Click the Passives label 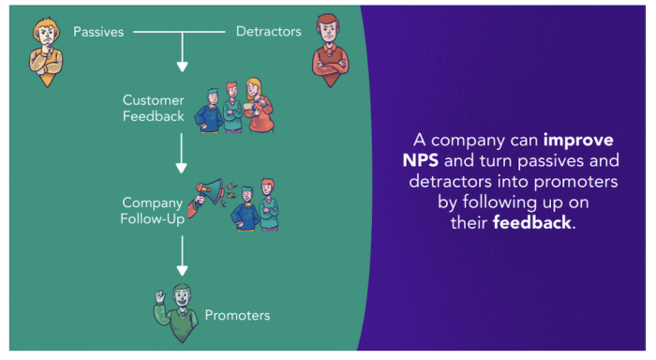(98, 32)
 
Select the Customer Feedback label (154, 107)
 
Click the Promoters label (237, 316)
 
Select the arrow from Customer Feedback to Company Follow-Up (183, 156)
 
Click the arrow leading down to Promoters (183, 257)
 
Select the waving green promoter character (178, 309)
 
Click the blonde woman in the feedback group (257, 103)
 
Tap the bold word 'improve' (578, 140)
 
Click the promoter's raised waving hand (160, 295)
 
